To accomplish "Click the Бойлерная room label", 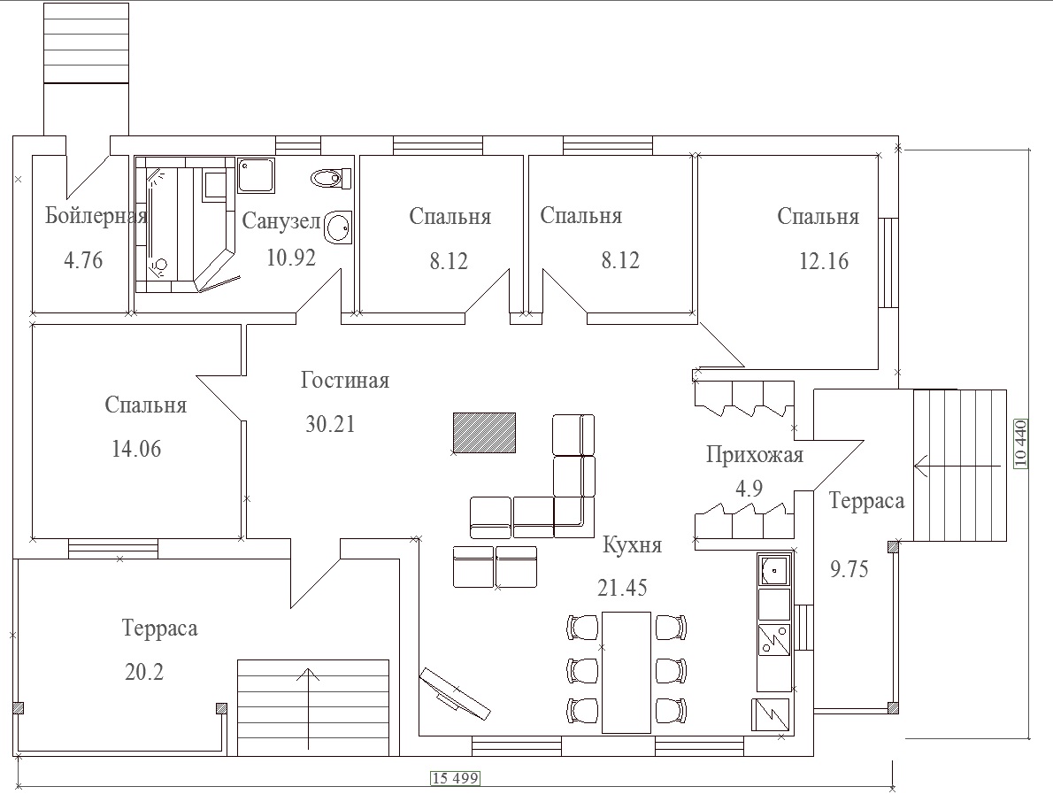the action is pyautogui.click(x=96, y=216).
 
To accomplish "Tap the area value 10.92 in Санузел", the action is pyautogui.click(x=291, y=258).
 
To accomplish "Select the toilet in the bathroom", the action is pyautogui.click(x=331, y=178).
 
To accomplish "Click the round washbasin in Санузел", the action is pyautogui.click(x=338, y=227).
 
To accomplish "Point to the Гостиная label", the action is pyautogui.click(x=344, y=380).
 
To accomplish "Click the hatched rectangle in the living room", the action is pyautogui.click(x=484, y=433).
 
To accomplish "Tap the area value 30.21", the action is pyautogui.click(x=330, y=424).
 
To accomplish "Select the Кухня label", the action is pyautogui.click(x=632, y=544).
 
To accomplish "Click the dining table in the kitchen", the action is pyautogui.click(x=626, y=672).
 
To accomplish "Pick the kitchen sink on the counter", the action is pyautogui.click(x=774, y=572).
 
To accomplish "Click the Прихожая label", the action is pyautogui.click(x=754, y=455).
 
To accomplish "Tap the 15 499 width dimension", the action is pyautogui.click(x=456, y=778).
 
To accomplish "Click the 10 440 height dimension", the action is pyautogui.click(x=1021, y=443).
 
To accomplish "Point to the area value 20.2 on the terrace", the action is pyautogui.click(x=144, y=672).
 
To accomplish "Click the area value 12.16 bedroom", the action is pyautogui.click(x=823, y=260).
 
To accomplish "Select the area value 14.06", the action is pyautogui.click(x=136, y=449).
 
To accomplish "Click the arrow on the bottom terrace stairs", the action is pyautogui.click(x=308, y=709).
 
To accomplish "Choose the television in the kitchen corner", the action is pyautogui.click(x=455, y=693).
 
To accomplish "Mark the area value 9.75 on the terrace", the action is pyautogui.click(x=849, y=569).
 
